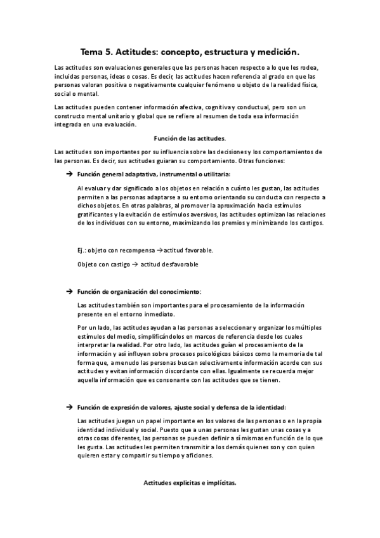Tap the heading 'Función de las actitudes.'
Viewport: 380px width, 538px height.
[190, 138]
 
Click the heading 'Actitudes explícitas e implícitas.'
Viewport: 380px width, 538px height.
[190, 483]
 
